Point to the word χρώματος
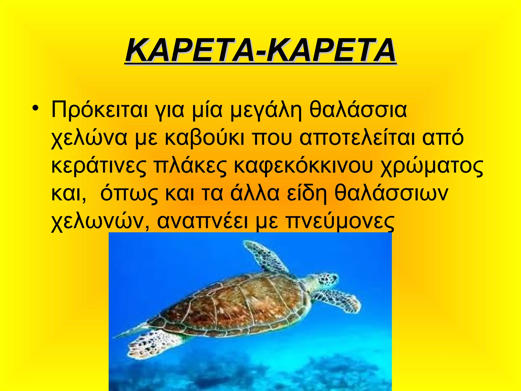pos(431,167)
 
